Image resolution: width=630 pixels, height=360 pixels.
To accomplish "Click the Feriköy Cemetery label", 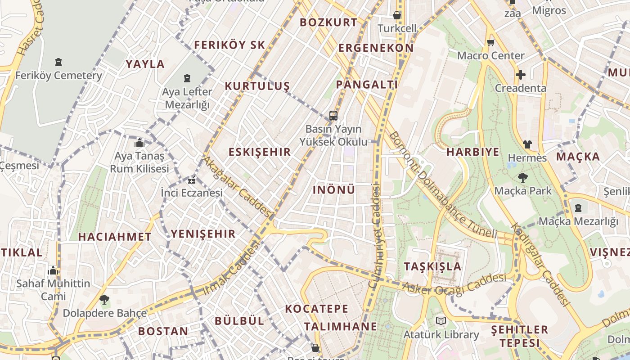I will pyautogui.click(x=58, y=75).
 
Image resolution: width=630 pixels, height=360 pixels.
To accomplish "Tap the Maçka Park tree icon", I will pyautogui.click(x=522, y=178).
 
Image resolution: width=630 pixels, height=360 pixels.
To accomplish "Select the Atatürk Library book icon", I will pyautogui.click(x=440, y=321).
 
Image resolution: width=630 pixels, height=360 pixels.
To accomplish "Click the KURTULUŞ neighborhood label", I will pyautogui.click(x=257, y=86).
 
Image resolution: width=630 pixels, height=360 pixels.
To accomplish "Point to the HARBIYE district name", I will pyautogui.click(x=473, y=152).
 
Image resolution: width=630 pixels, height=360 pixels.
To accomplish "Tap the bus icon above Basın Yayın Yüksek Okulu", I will pyautogui.click(x=333, y=116).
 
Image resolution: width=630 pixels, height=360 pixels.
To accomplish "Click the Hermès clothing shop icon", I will pyautogui.click(x=527, y=144).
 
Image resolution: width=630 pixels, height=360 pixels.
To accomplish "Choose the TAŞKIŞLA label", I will pyautogui.click(x=432, y=266).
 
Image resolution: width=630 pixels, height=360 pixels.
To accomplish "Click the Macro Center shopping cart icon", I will pyautogui.click(x=490, y=43).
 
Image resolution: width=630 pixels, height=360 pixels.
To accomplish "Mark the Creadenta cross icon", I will pyautogui.click(x=521, y=75).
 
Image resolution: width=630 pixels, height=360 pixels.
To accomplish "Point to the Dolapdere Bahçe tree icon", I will pyautogui.click(x=104, y=299).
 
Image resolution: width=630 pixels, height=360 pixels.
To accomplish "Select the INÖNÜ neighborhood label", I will pyautogui.click(x=334, y=190).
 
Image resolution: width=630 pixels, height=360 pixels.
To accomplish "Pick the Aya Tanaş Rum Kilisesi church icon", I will pyautogui.click(x=139, y=143).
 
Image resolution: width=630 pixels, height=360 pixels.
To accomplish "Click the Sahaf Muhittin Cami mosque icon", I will pyautogui.click(x=53, y=271).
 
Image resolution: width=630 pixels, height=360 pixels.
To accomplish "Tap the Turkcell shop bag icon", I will pyautogui.click(x=397, y=15).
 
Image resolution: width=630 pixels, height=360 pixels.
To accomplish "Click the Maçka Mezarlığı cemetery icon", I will pyautogui.click(x=578, y=208).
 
